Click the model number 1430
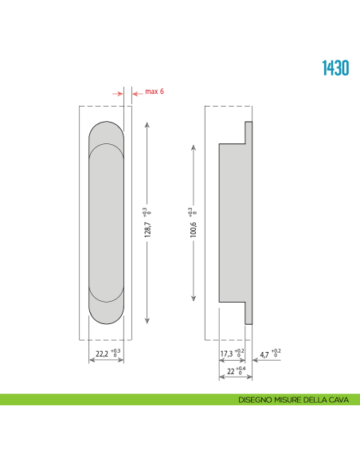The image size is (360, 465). pyautogui.click(x=335, y=68)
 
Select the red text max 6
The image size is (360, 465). pyautogui.click(x=155, y=92)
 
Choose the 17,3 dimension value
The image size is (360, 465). pyautogui.click(x=227, y=352)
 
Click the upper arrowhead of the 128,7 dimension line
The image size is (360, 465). pyautogui.click(x=147, y=123)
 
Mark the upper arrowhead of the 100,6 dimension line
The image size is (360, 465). pyautogui.click(x=194, y=147)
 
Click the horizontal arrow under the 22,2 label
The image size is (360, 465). pyautogui.click(x=106, y=360)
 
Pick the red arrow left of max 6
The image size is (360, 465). pyautogui.click(x=119, y=93)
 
